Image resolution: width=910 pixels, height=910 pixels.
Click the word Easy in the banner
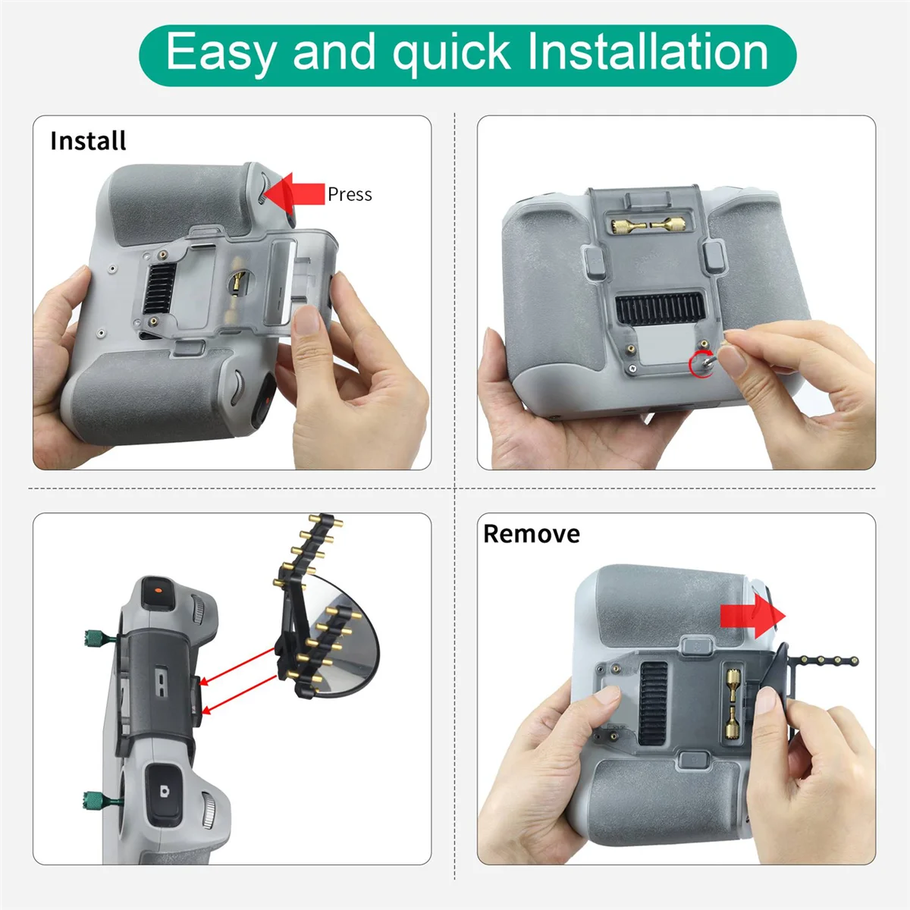click(221, 53)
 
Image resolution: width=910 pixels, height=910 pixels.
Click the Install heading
click(88, 141)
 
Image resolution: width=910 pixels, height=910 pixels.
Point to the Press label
click(350, 195)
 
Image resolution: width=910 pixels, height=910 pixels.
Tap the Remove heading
click(531, 534)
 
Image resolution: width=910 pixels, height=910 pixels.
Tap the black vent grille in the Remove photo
click(654, 701)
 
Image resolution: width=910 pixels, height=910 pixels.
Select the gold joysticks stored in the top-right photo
click(648, 224)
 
